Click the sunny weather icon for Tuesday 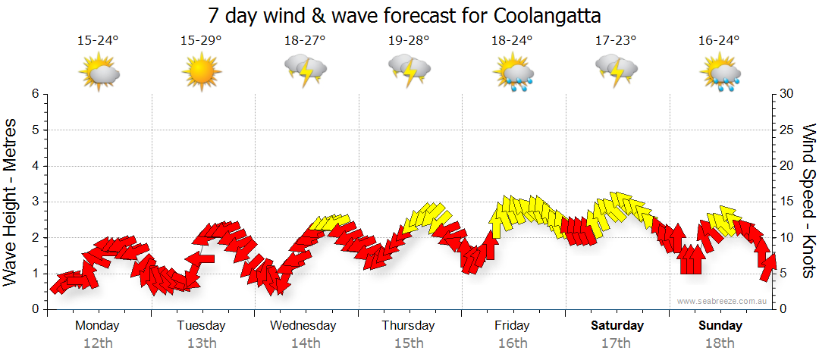click(x=201, y=72)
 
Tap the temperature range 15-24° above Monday click(x=98, y=40)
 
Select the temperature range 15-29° click(x=201, y=40)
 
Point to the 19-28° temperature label click(x=409, y=40)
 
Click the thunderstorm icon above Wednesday click(x=305, y=72)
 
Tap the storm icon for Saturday click(x=617, y=72)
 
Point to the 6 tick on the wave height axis click(x=35, y=94)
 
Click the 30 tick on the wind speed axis click(x=788, y=94)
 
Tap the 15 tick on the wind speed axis click(x=788, y=202)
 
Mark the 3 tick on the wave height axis click(x=35, y=202)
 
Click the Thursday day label click(x=409, y=326)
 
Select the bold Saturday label click(x=617, y=326)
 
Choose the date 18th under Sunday click(x=720, y=343)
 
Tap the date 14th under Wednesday click(x=305, y=343)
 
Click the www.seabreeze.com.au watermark click(x=723, y=301)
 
